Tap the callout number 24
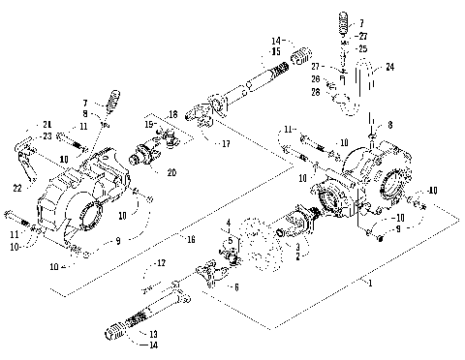(x=390, y=68)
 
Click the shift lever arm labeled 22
(x=35, y=159)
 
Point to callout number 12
(x=161, y=262)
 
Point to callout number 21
(x=45, y=124)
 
